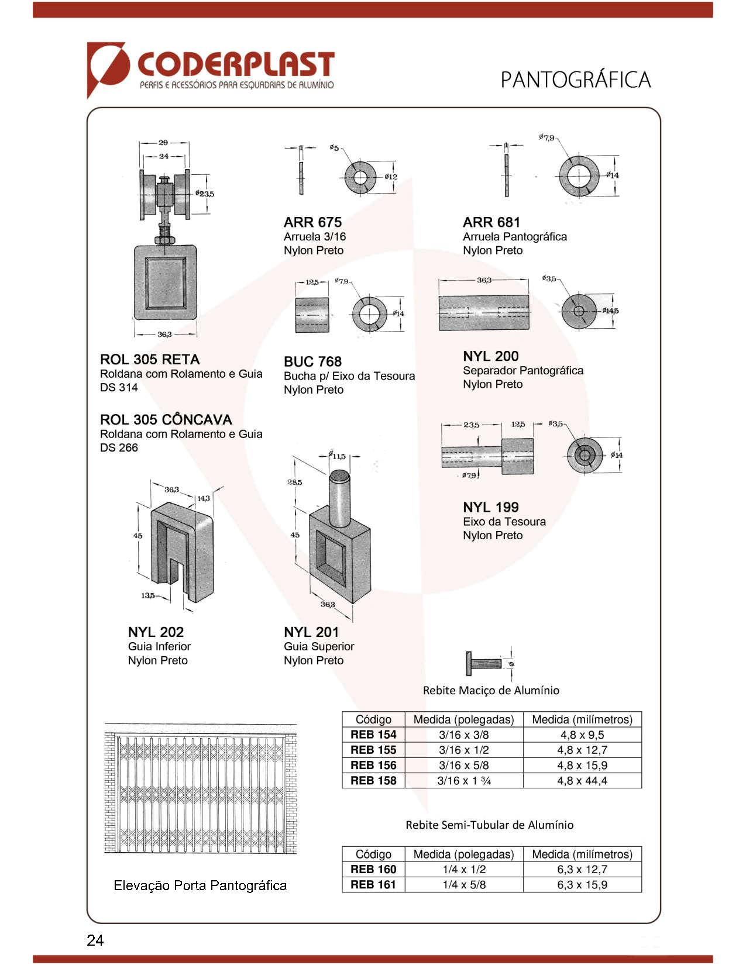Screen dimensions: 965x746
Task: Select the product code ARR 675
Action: coord(312,222)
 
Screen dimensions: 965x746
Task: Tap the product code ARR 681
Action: coord(491,222)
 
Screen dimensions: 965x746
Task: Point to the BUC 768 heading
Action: coord(312,361)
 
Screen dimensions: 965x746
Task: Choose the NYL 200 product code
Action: coord(490,356)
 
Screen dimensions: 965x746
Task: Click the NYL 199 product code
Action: coord(490,507)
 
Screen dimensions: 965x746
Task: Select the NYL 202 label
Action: coord(156,632)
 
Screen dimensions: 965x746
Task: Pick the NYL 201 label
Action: coord(311,632)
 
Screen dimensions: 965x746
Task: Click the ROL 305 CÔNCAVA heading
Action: coord(166,419)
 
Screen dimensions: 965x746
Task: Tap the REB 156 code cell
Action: coord(373,765)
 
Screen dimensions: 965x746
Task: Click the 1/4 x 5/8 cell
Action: coord(463,885)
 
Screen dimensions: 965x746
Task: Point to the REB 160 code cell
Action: coord(373,870)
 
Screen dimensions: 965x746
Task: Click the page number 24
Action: coord(95,940)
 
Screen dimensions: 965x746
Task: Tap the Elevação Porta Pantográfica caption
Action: coord(200,885)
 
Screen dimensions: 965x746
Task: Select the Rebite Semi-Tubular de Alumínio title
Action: coord(489,825)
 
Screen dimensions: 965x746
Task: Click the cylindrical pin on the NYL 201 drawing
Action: coord(339,497)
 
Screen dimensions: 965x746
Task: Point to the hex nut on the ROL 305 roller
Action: coord(164,240)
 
